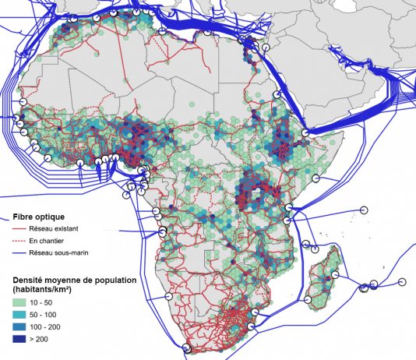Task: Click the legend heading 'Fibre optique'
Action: click(33, 216)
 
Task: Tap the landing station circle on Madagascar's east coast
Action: click(335, 274)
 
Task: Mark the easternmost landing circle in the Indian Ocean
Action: click(402, 281)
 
